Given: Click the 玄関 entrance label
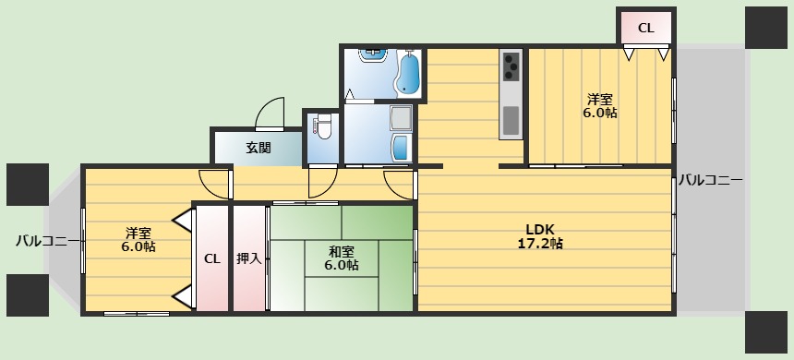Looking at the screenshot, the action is pos(259,148).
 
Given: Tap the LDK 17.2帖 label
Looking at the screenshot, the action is pos(540,235).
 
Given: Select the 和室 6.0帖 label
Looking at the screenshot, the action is pos(343,258).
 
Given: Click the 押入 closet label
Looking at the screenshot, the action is pos(249,258).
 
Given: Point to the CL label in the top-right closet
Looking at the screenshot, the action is pos(645,29).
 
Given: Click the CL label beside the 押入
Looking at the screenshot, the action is pos(212,258).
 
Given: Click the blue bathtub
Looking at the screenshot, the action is pos(408,73).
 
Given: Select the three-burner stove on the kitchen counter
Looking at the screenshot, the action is pos(511,66).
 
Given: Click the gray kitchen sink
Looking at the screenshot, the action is pos(511,121).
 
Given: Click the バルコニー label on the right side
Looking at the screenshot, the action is pos(711,180).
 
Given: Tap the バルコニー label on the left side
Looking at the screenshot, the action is pos(48,240).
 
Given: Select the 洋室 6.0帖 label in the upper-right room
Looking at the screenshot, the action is pos(600,105).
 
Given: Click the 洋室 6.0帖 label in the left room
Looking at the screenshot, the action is pos(138,240).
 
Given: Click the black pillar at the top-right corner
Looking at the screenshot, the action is pos(765,28).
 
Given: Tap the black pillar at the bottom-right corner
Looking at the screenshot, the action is pos(765,331).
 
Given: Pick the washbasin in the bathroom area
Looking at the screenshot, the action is pos(373,54).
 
